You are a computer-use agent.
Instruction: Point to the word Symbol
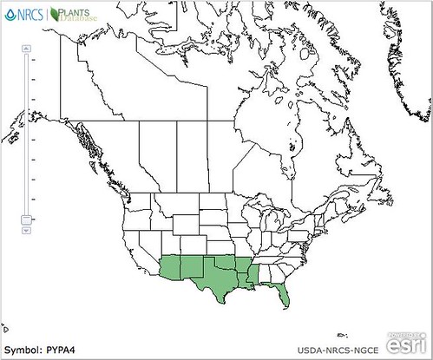point(22,350)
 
